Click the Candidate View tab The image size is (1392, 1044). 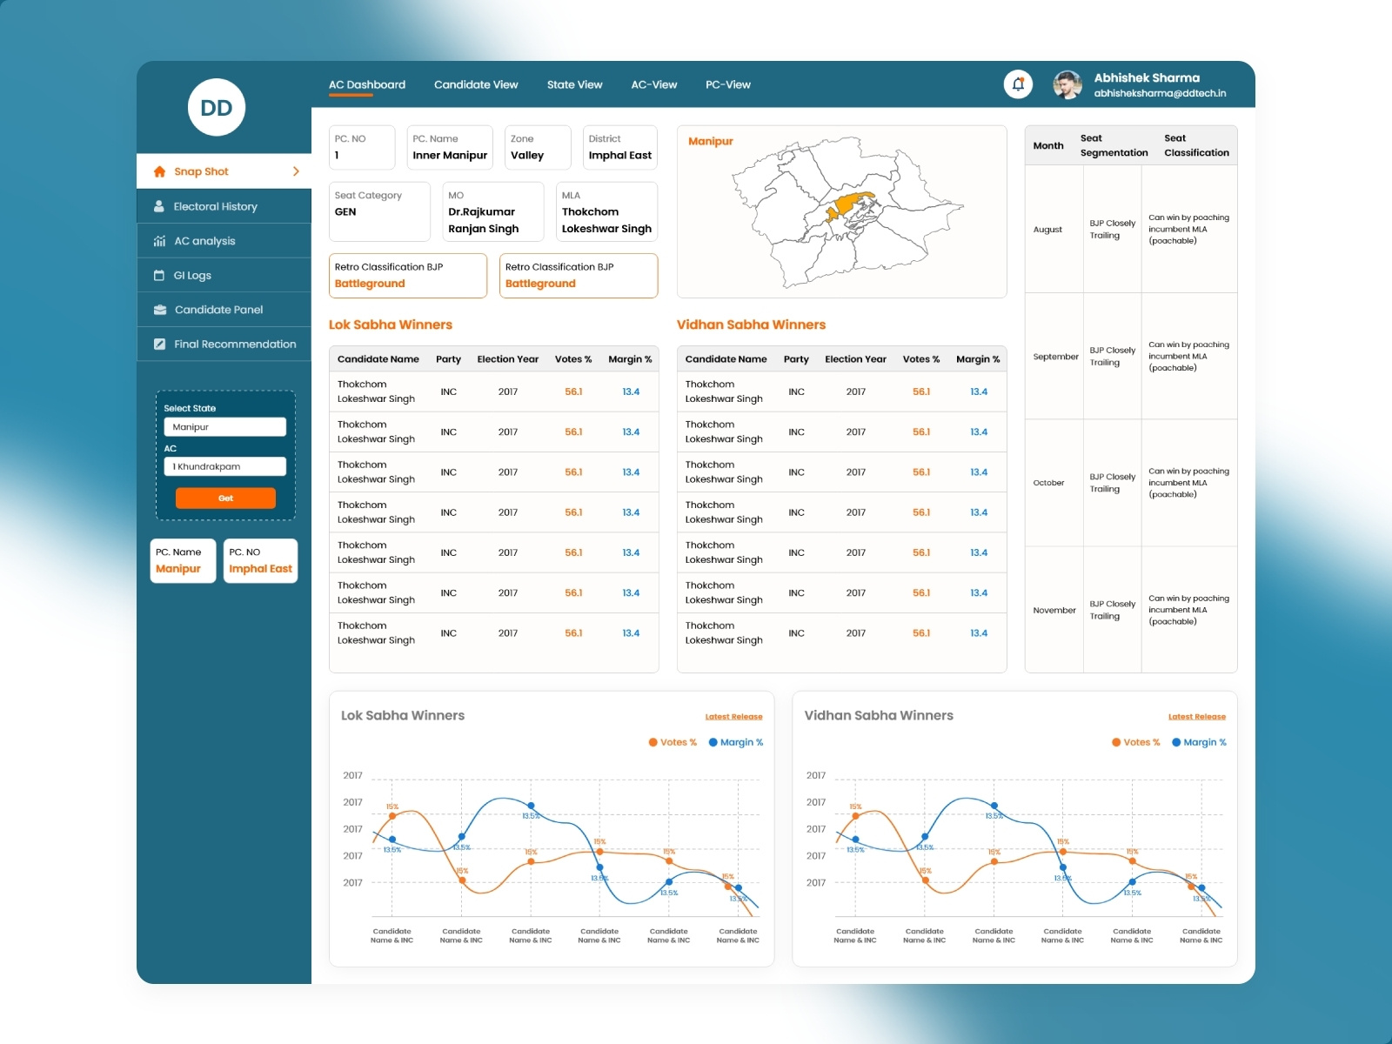point(476,84)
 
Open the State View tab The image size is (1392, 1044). point(574,84)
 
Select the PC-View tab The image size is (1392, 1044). point(727,84)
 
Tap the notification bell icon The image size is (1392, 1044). point(1018,84)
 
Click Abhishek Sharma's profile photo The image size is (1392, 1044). point(1067,84)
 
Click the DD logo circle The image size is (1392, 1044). point(217,108)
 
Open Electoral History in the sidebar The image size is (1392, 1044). point(215,206)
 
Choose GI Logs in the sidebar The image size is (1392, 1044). point(192,275)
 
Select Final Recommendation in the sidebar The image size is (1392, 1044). point(235,344)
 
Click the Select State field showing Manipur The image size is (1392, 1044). point(224,427)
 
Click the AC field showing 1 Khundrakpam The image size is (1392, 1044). point(224,466)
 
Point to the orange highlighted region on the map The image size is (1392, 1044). point(848,207)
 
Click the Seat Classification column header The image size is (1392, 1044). point(1196,145)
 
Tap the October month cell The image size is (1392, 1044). point(1048,483)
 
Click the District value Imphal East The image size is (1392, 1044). point(619,156)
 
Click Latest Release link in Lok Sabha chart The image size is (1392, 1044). point(733,717)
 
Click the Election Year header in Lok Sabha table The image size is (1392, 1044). point(507,358)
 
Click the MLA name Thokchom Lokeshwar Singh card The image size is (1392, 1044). point(606,220)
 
